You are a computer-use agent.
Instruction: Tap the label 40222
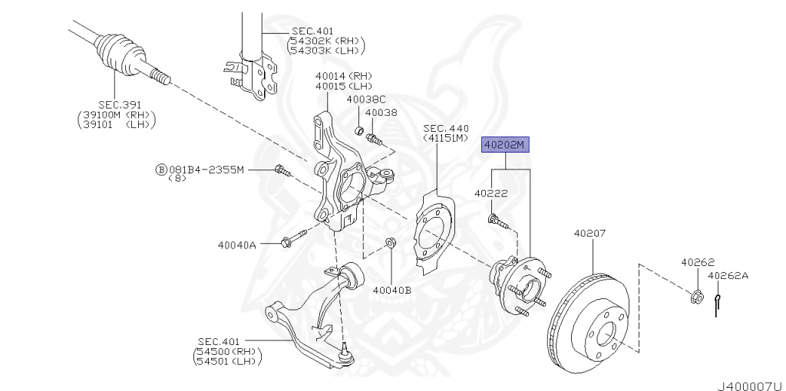491,194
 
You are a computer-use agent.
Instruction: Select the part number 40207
590,231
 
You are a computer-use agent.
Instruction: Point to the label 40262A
728,275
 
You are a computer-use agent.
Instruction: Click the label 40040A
236,245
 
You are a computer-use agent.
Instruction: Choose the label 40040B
392,290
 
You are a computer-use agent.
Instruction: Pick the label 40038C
365,100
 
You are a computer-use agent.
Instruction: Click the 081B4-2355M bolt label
206,169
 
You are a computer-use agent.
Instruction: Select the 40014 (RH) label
343,76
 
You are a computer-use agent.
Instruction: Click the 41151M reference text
444,138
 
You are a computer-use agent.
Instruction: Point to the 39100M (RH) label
116,115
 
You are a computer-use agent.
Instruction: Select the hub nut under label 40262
698,295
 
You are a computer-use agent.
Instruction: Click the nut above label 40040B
389,243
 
